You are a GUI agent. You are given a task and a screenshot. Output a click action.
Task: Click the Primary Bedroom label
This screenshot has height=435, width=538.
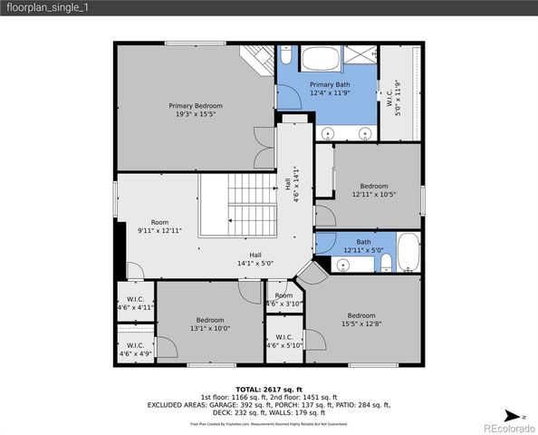[x=195, y=111]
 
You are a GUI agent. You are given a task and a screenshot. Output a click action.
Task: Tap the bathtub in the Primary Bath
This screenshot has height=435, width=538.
[x=318, y=62]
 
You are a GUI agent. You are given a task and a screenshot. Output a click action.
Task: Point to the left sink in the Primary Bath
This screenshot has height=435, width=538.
[x=327, y=133]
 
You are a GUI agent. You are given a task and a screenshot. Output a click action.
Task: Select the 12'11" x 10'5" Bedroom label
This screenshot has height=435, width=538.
[x=374, y=190]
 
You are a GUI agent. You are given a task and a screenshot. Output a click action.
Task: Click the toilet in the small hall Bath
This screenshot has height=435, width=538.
[x=385, y=263]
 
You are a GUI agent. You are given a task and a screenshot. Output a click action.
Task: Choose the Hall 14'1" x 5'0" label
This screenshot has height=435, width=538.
[x=255, y=258]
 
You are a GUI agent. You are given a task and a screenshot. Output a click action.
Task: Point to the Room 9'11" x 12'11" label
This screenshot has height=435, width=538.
[x=159, y=227]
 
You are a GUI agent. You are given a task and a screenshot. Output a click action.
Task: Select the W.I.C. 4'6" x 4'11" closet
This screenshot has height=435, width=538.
[x=136, y=303]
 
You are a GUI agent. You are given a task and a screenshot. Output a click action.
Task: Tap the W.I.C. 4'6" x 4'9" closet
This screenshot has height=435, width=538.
[x=135, y=349]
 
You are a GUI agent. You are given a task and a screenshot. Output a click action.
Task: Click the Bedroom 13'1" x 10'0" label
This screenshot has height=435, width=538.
[x=210, y=324]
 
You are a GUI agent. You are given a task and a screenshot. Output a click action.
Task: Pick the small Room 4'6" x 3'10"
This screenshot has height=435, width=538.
[x=284, y=299]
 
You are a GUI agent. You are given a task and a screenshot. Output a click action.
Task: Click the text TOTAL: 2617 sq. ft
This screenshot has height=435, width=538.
[x=269, y=388]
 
